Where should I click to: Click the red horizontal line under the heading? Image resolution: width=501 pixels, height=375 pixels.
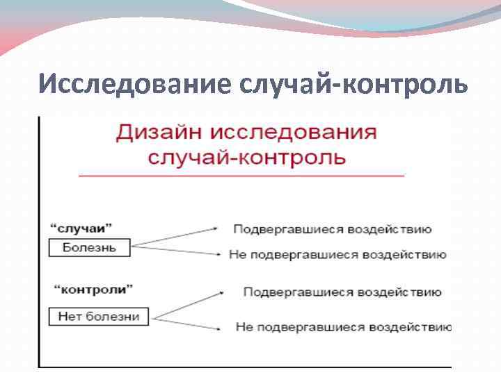tap(241, 176)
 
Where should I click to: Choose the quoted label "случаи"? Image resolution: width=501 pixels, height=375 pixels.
tap(81, 227)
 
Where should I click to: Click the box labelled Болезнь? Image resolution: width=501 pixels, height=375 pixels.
tap(89, 247)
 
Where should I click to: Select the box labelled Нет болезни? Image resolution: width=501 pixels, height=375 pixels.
tap(99, 317)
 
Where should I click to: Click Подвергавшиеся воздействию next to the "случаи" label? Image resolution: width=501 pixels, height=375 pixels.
tap(332, 229)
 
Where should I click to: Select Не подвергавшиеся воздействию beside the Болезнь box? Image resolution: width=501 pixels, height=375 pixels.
tap(337, 255)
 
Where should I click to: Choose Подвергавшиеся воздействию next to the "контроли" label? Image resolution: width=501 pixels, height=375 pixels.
tap(342, 292)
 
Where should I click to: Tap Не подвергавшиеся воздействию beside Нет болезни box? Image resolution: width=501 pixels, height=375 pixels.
tap(343, 326)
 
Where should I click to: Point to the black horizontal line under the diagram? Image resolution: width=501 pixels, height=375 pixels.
tap(244, 366)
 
